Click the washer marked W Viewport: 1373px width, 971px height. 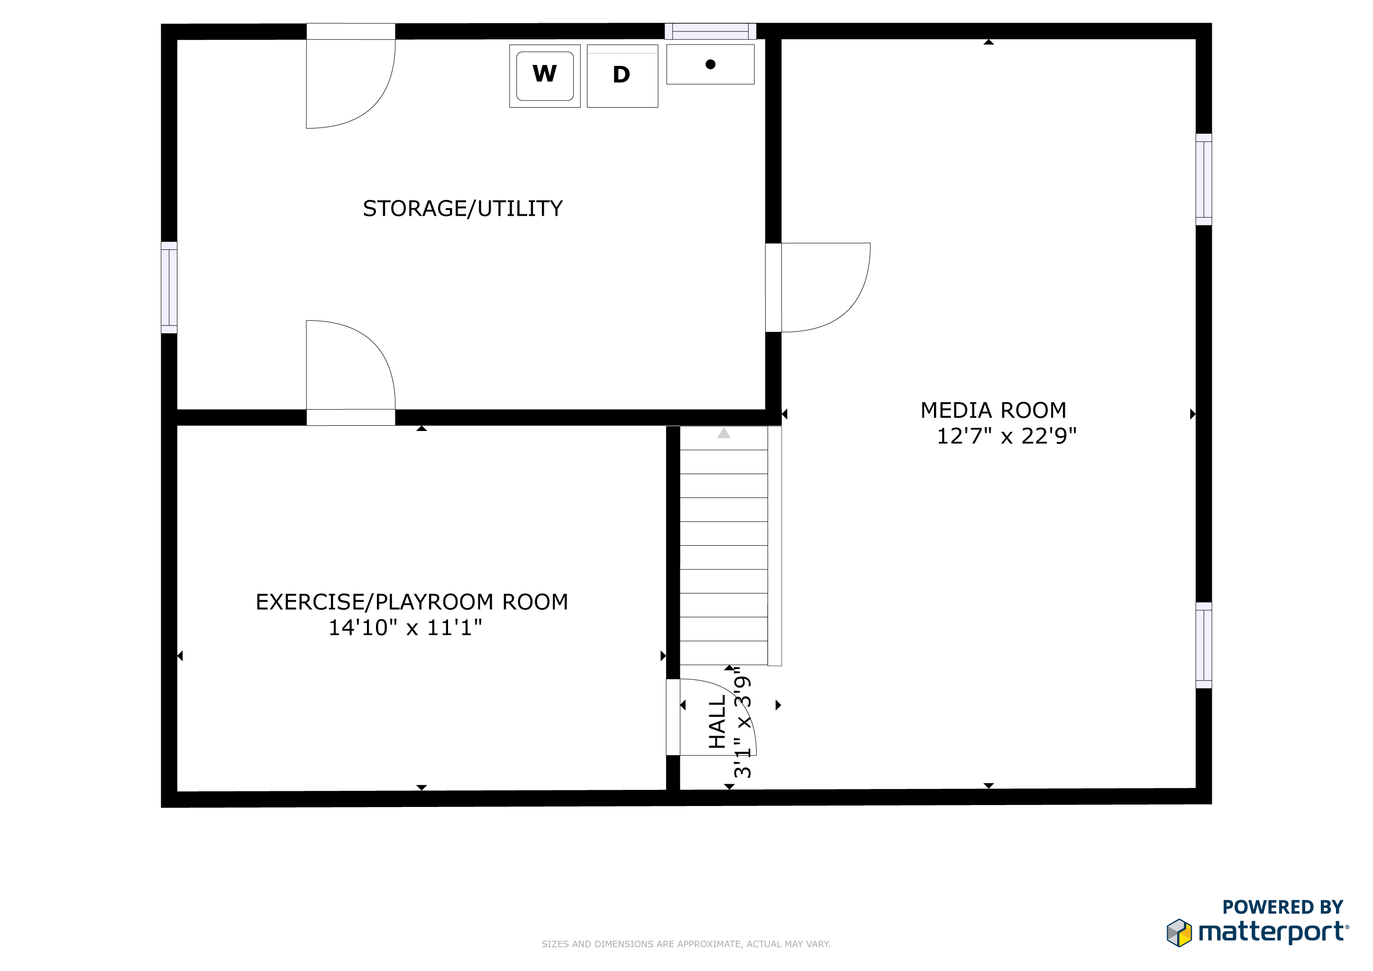545,76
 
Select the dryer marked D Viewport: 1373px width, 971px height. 622,76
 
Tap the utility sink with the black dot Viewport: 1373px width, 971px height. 710,64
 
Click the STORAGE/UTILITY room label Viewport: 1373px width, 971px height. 463,209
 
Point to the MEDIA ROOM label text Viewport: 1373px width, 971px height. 993,410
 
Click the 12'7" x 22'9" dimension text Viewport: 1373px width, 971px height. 1007,436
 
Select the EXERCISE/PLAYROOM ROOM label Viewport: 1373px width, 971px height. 412,602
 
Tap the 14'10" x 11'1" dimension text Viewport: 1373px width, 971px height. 405,627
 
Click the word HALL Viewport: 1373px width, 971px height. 717,722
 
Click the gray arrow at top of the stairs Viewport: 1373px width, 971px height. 724,433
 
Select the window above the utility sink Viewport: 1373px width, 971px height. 710,31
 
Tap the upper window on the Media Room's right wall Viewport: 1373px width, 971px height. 1204,179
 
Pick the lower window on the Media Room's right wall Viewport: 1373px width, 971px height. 1204,645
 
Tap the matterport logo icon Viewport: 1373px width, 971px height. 1179,933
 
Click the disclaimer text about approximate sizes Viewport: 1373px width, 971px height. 686,944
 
